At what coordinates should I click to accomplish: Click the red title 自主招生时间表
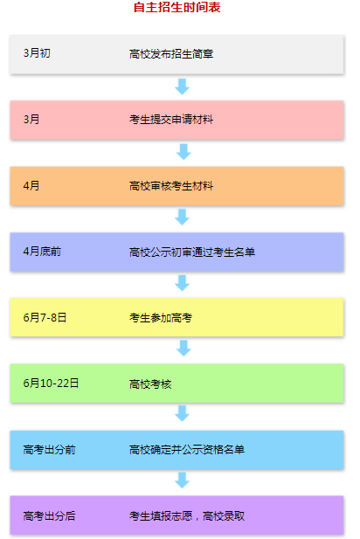[177, 7]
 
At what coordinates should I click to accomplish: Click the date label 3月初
[37, 53]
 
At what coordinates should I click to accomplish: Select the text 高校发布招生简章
[171, 53]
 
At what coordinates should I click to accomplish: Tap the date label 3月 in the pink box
[31, 120]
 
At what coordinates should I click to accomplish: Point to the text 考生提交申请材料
[171, 120]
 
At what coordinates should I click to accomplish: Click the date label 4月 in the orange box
[31, 185]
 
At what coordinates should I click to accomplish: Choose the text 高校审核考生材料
[171, 186]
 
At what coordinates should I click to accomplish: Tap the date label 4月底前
[42, 252]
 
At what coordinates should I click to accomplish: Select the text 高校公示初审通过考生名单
[192, 252]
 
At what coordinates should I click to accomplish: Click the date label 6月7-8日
[45, 317]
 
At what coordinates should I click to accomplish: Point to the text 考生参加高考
[161, 318]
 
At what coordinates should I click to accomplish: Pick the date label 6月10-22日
[51, 383]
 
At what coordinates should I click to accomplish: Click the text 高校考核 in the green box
[150, 384]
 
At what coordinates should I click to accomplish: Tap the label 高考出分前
[49, 449]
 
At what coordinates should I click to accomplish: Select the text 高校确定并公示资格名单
[187, 449]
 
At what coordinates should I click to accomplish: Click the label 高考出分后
[49, 515]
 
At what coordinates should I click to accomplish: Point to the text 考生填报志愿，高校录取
[187, 515]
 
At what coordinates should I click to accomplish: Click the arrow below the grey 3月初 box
[183, 86]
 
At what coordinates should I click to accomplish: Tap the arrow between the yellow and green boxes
[183, 349]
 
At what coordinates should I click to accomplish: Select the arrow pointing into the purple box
[183, 480]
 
